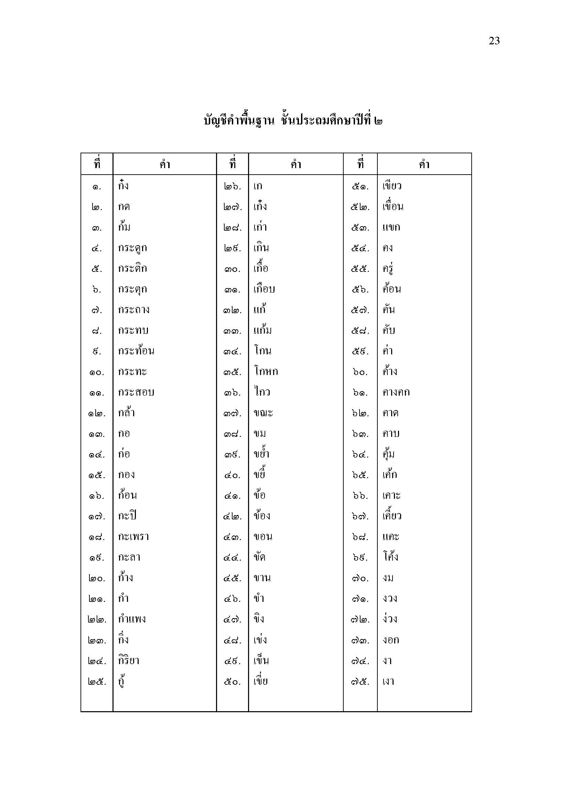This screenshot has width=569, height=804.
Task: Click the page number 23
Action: (494, 41)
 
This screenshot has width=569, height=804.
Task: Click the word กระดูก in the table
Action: (132, 248)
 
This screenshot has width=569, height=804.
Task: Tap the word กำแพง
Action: (132, 619)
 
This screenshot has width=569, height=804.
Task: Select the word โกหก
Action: (266, 372)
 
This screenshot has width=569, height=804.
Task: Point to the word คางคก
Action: (396, 392)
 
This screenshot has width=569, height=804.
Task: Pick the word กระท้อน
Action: (136, 351)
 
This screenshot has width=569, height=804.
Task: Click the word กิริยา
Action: (129, 661)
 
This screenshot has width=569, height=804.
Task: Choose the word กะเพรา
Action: (133, 537)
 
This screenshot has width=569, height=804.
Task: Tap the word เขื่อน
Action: (393, 207)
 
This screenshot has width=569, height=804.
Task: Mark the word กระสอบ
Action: (136, 392)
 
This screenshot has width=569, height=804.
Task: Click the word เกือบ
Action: (264, 289)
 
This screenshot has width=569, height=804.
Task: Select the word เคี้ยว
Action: (392, 516)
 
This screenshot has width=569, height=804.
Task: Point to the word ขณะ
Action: (263, 413)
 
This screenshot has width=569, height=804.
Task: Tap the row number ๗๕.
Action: (360, 682)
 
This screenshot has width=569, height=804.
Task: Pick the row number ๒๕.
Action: (97, 682)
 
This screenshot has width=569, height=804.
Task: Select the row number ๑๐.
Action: (97, 372)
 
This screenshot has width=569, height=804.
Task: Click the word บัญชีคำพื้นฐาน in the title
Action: (238, 121)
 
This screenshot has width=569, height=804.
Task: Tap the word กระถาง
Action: (133, 310)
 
